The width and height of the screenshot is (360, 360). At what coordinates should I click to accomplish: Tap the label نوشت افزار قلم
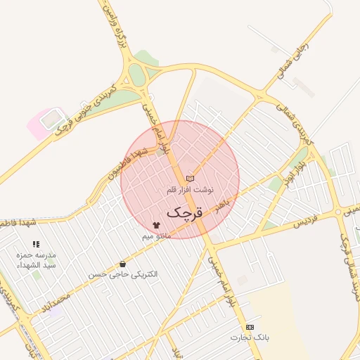point(190,190)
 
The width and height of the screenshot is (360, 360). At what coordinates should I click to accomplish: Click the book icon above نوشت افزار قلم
point(190,179)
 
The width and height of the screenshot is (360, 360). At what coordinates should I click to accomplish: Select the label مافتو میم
point(157,236)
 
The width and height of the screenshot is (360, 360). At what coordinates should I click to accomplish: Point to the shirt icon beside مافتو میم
point(156,225)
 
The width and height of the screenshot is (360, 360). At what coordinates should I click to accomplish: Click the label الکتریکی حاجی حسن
point(123,273)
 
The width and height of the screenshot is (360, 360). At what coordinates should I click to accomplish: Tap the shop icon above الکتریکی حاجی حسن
point(123,263)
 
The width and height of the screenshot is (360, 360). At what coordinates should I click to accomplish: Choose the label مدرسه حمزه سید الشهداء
point(36,259)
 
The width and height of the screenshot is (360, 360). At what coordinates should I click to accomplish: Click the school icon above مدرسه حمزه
point(36,244)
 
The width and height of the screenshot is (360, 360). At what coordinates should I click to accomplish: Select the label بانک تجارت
point(250,338)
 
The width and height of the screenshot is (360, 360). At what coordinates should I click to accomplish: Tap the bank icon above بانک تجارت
point(250,328)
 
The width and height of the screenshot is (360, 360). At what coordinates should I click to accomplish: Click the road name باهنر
point(222,205)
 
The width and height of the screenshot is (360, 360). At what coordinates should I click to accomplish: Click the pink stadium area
point(45,122)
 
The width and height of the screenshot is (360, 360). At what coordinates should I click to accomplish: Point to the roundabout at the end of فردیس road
point(338,212)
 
